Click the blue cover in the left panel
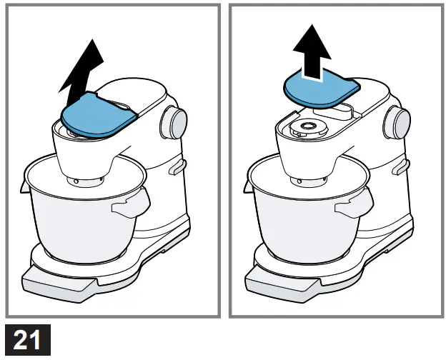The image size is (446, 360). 97,114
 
